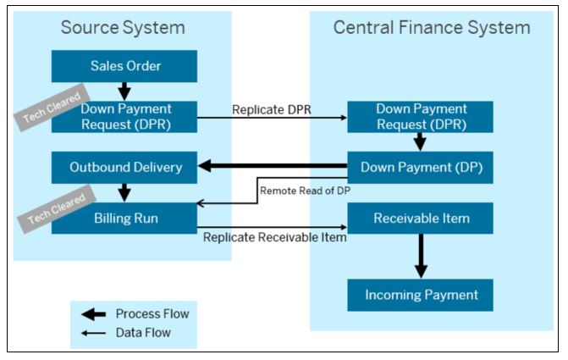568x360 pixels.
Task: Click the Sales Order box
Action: pyautogui.click(x=124, y=66)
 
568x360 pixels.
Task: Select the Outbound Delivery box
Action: pyautogui.click(x=124, y=168)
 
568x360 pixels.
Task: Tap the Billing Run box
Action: pyautogui.click(x=124, y=218)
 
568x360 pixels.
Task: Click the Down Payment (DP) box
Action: pyautogui.click(x=420, y=168)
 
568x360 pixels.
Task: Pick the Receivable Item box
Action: pyautogui.click(x=420, y=218)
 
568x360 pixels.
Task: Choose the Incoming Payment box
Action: pyautogui.click(x=420, y=295)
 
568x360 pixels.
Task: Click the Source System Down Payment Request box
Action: pyautogui.click(x=124, y=117)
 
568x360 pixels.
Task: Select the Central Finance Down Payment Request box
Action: pyautogui.click(x=420, y=117)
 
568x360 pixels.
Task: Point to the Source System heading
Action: pyautogui.click(x=123, y=28)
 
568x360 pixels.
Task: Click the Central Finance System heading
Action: pyautogui.click(x=432, y=28)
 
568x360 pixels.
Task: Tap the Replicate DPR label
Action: pyautogui.click(x=272, y=109)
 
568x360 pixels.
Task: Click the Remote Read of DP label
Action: pyautogui.click(x=305, y=191)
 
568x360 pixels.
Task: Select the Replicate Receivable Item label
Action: pyautogui.click(x=274, y=237)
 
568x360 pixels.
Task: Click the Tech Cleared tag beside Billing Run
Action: pyautogui.click(x=57, y=209)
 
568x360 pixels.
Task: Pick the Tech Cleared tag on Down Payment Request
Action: pyautogui.click(x=52, y=108)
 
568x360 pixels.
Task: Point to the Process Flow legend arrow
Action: pyautogui.click(x=93, y=314)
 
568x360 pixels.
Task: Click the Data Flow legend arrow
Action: pyautogui.click(x=93, y=333)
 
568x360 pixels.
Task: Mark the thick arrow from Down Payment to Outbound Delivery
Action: pyautogui.click(x=273, y=166)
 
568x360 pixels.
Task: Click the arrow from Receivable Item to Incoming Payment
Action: pyautogui.click(x=421, y=256)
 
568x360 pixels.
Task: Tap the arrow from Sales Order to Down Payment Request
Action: pyautogui.click(x=124, y=91)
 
